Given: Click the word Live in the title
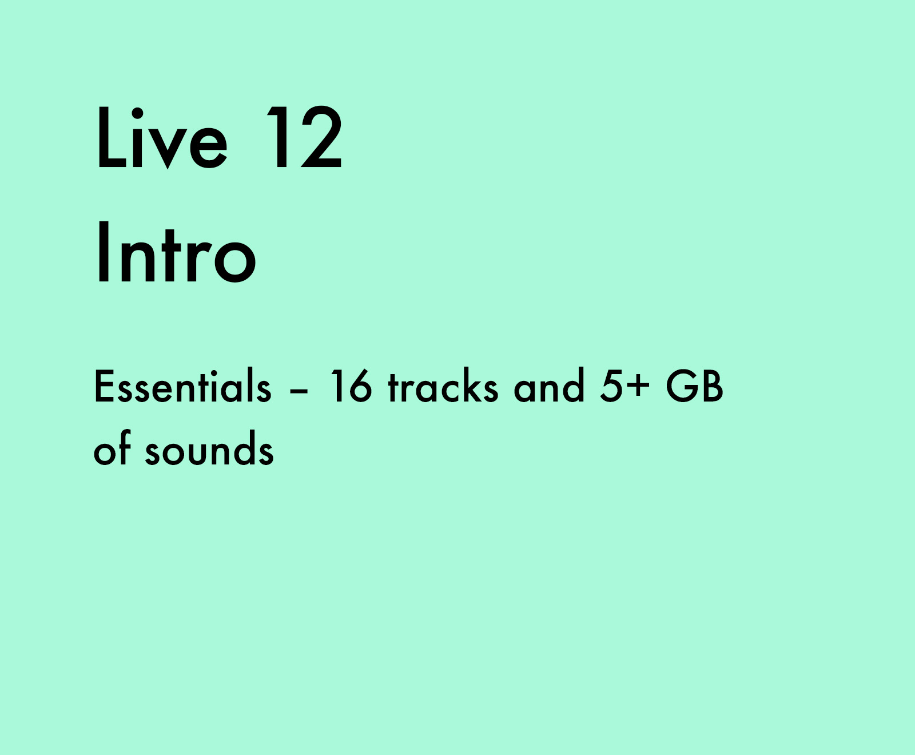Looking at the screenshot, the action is [x=162, y=138].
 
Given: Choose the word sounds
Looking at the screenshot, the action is [x=209, y=449].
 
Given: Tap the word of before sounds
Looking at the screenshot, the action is [x=113, y=449].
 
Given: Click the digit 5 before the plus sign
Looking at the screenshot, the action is [x=611, y=386].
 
